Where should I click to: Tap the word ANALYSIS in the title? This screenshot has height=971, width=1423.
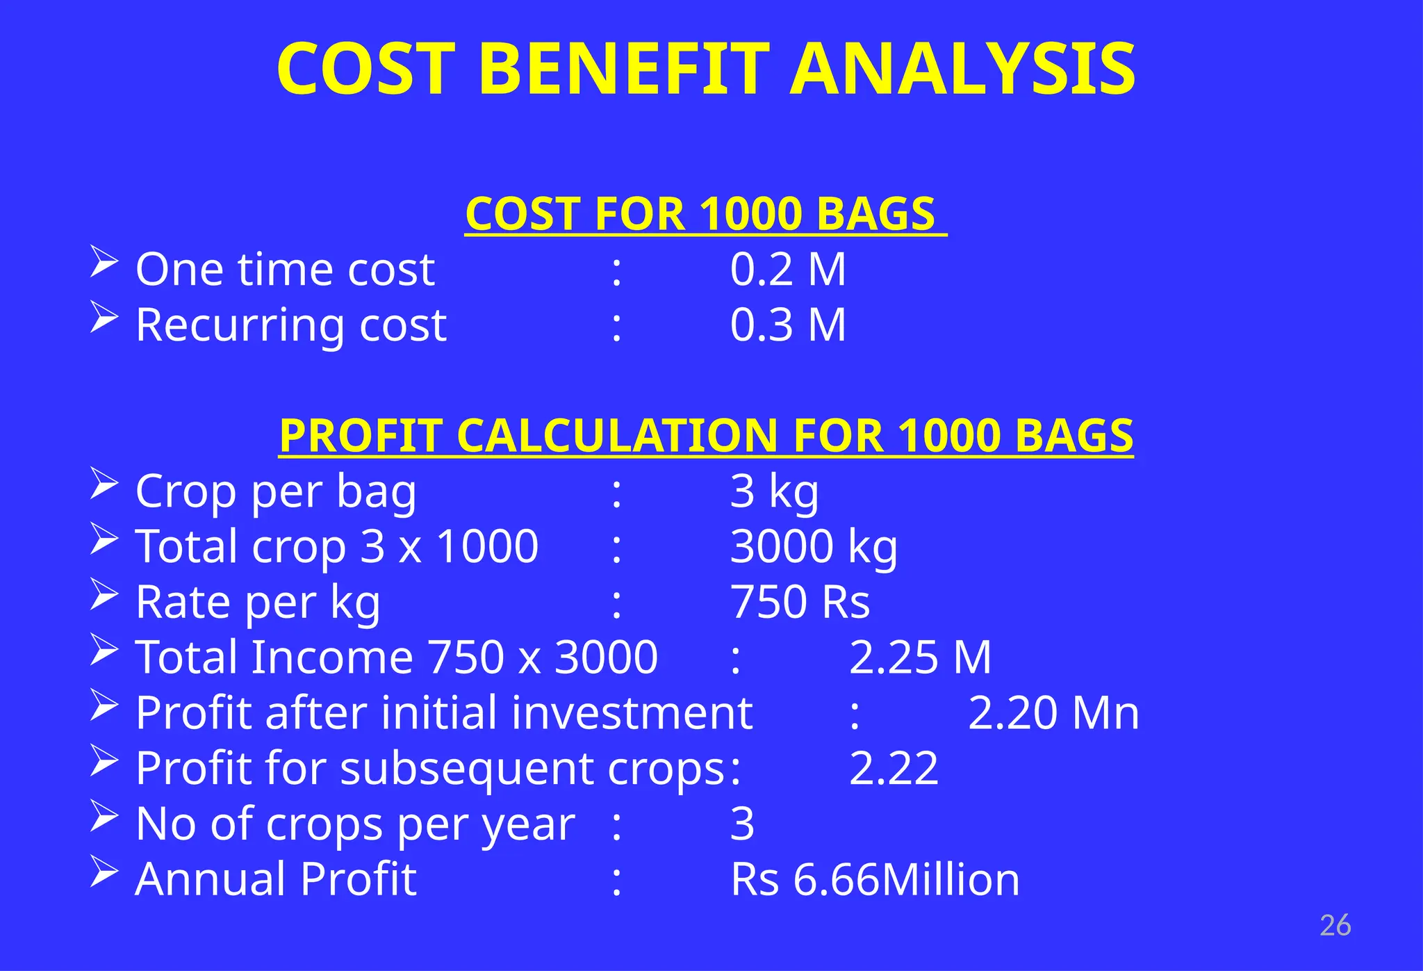tap(962, 69)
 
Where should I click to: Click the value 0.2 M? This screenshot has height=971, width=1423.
tap(788, 269)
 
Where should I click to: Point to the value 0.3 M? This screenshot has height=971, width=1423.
tap(788, 325)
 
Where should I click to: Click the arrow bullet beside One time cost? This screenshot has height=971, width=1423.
tap(104, 263)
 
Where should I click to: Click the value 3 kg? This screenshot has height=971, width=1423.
tap(774, 491)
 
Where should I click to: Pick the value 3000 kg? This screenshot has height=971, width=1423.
tap(814, 546)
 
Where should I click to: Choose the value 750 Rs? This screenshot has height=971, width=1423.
tap(800, 602)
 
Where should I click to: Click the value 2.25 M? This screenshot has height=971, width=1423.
tap(920, 657)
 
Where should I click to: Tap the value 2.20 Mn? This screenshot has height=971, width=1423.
tap(1053, 712)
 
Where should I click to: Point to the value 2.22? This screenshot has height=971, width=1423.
tap(894, 768)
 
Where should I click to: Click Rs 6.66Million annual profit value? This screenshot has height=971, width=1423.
tap(875, 879)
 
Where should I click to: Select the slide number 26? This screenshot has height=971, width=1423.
tap(1335, 926)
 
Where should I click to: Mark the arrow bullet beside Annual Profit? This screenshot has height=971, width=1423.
tap(104, 873)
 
